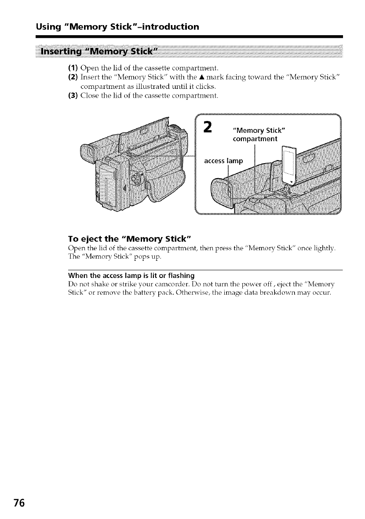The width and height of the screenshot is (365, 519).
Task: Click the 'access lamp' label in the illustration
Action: coord(223,161)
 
